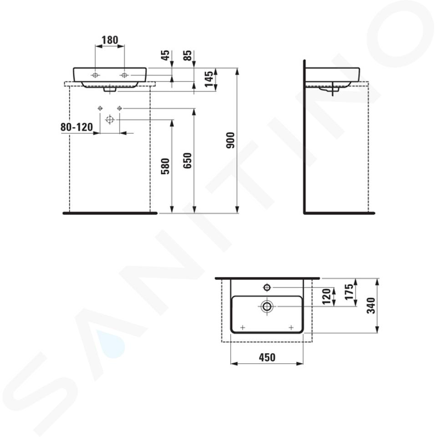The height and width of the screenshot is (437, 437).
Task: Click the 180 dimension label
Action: point(110,40)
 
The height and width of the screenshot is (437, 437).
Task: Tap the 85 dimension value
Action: point(188,55)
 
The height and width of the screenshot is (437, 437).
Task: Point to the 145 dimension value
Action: point(209,79)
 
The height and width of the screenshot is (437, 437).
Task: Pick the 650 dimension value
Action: point(188,161)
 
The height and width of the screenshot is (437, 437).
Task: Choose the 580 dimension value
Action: point(165,167)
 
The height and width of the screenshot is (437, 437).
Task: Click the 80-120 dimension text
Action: point(76,127)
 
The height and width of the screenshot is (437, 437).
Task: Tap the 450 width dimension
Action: point(267,357)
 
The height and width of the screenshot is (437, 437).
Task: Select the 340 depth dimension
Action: point(371,305)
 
